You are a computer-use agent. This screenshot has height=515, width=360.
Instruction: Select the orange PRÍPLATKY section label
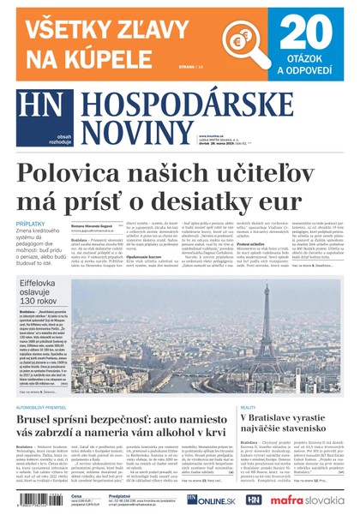coord(31,225)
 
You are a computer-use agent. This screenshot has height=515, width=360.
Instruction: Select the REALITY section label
coord(249,407)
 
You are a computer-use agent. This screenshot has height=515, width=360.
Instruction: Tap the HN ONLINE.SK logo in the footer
coord(209,499)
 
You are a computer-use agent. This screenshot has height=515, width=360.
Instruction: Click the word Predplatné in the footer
coord(120,494)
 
